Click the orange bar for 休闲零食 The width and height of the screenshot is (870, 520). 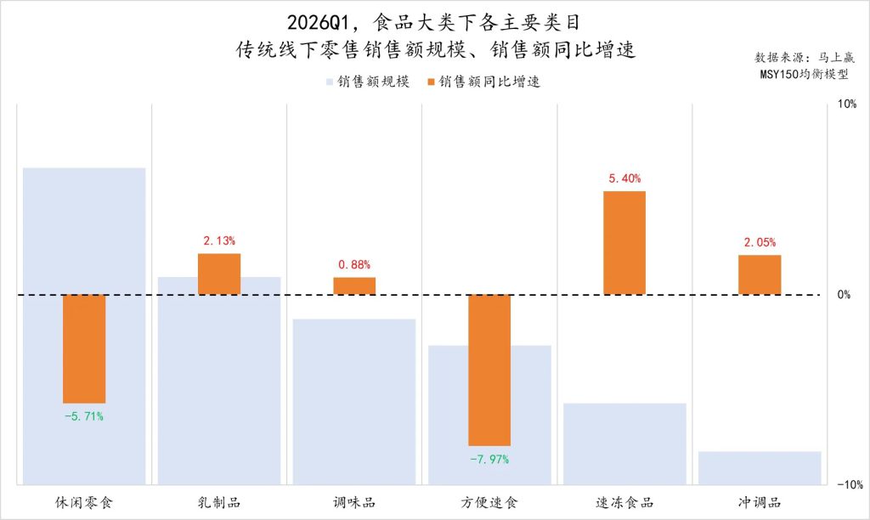point(84,348)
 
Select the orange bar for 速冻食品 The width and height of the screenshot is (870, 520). point(624,243)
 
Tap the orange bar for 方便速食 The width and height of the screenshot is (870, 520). point(489,370)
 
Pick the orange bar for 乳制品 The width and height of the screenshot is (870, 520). point(219,274)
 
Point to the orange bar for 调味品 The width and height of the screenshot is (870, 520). point(354,285)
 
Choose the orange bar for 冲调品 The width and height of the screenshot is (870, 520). point(760,274)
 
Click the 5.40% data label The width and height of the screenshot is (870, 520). point(624,178)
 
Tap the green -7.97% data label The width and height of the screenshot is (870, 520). point(489,459)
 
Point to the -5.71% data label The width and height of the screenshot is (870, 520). point(84,416)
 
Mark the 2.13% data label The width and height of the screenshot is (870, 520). point(219,241)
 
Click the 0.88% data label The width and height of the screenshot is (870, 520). point(354,265)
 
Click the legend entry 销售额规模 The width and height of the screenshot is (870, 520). point(367,82)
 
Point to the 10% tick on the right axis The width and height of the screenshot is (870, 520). point(846,104)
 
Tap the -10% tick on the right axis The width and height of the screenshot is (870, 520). point(849,485)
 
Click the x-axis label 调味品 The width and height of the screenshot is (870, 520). point(354,502)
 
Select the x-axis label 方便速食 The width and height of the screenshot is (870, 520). point(489,502)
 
